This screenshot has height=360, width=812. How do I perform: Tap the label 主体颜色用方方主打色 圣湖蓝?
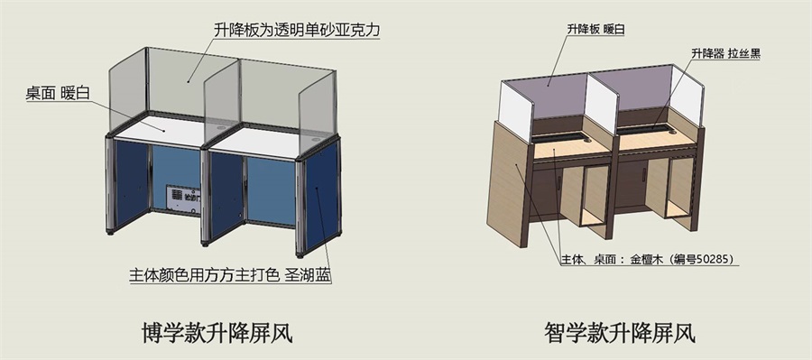point(235,272)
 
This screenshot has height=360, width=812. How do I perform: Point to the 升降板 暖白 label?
point(595,30)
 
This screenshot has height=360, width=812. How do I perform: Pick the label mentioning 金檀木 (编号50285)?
point(646,260)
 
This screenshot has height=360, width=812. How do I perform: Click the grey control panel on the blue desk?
point(183,198)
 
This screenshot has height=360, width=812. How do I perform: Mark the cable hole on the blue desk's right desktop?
point(314,141)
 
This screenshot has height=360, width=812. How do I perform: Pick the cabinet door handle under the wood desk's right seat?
point(643,177)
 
